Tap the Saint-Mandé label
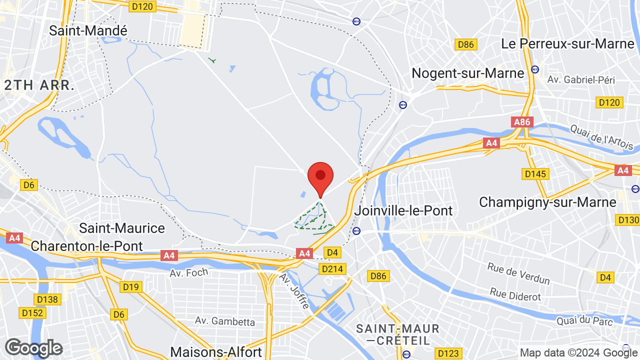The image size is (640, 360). [88, 30]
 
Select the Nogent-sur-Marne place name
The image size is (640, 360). [467, 73]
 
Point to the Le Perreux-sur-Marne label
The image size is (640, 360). [567, 43]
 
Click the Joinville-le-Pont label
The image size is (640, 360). [403, 210]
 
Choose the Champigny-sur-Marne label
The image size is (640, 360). [547, 202]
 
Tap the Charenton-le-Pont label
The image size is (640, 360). [87, 246]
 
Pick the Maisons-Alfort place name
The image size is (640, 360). [216, 352]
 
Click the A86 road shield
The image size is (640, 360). [522, 122]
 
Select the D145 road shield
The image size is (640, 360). [535, 174]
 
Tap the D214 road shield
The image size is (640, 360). [332, 269]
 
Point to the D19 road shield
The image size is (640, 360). [131, 287]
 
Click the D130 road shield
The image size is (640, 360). [628, 220]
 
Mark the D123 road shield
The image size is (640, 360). [447, 353]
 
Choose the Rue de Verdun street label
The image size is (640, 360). [518, 273]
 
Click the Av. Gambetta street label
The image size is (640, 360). [225, 321]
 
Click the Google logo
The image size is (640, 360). [33, 348]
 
